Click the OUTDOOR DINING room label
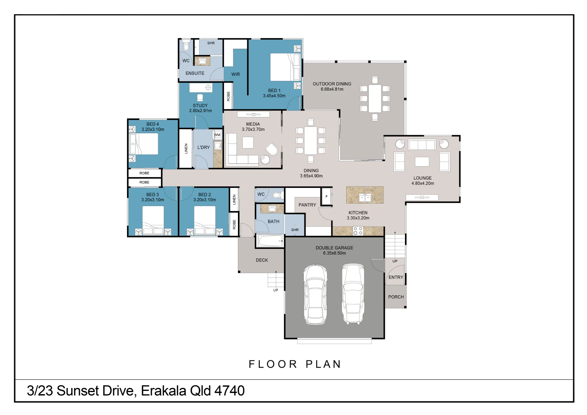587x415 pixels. pos(332,84)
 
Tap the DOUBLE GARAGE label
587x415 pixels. pos(334,248)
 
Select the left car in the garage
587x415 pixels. pos(315,294)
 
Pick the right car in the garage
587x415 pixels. pos(353,294)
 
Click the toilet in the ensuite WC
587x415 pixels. pos(186,46)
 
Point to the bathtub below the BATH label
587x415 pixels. pos(270,241)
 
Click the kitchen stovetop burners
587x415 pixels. pos(358,231)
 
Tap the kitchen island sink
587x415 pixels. pos(365,198)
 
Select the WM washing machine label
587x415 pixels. pos(217,135)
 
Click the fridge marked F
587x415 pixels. pos(326,197)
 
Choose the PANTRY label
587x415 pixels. pos(307,205)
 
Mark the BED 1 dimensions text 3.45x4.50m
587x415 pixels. pos(274,96)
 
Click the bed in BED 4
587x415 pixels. pos(144,144)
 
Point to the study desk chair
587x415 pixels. pos(200,97)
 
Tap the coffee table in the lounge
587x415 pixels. pos(422,162)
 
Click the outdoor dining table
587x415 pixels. pos(375,99)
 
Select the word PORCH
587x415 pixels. pos(396,297)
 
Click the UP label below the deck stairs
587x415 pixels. pos(276,290)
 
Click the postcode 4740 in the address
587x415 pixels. pos(230,391)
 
